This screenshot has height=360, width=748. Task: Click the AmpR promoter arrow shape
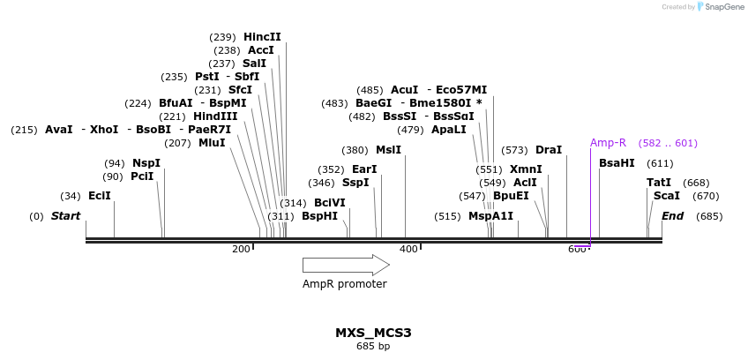tap(345, 265)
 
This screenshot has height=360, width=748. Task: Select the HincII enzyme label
tap(262, 37)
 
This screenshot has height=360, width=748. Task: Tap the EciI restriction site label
tap(100, 196)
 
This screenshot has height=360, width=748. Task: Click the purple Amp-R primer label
tap(608, 143)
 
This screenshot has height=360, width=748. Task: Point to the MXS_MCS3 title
tap(373, 333)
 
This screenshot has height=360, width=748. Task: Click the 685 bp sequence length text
tap(373, 347)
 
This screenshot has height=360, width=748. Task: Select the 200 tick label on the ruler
tap(241, 250)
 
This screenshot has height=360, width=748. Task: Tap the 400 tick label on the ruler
tap(408, 250)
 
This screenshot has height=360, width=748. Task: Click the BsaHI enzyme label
tap(617, 163)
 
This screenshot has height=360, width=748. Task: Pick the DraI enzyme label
tap(549, 150)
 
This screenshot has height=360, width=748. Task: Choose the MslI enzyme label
tap(388, 150)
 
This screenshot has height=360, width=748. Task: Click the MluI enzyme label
tap(212, 143)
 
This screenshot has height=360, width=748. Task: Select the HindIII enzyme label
tap(215, 116)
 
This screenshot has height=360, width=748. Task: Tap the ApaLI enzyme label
tap(449, 130)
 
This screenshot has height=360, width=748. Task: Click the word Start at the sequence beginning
tap(65, 216)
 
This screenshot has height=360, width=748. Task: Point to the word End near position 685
tap(672, 216)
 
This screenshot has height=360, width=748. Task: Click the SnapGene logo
tap(720, 7)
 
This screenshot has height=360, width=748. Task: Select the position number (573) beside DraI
tap(514, 150)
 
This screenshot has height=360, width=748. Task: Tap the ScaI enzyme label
tap(666, 196)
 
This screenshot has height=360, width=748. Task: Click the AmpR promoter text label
tap(345, 284)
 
